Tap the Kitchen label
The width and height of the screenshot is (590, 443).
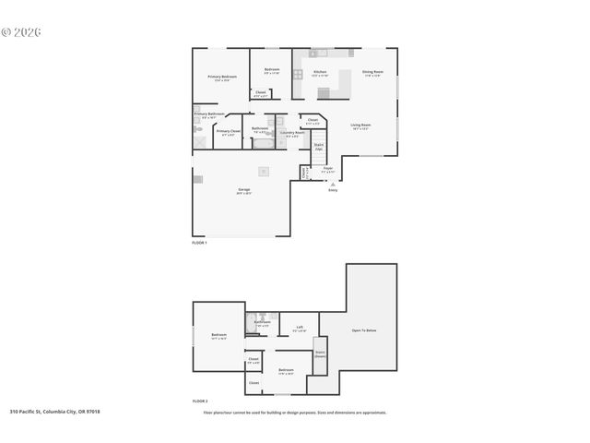320,71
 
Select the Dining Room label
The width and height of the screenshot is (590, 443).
372,71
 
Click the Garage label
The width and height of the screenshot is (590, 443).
243,191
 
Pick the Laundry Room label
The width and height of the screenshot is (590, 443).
292,133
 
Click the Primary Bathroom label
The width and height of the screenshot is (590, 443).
209,114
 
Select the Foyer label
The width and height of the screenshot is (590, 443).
327,168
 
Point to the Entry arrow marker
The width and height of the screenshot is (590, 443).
333,183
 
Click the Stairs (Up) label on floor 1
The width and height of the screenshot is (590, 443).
319,146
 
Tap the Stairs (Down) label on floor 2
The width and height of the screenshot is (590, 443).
320,353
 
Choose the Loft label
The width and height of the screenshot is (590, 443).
299,327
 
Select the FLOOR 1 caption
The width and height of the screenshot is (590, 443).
199,242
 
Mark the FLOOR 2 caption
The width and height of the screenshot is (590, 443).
199,401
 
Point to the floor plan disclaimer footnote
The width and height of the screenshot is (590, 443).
295,413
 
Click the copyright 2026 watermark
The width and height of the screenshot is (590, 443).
22,32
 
